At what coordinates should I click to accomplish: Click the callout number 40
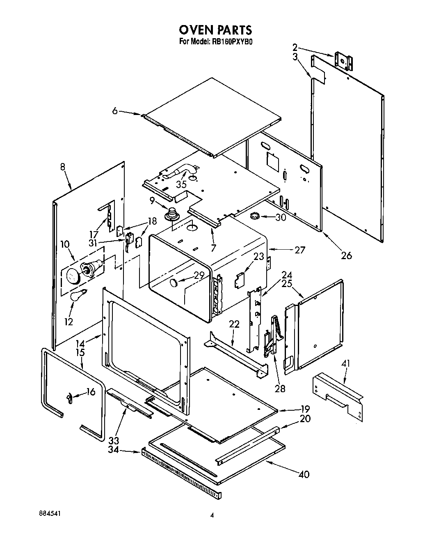point(304,474)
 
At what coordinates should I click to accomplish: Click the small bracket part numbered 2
point(344,61)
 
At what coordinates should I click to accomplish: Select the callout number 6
point(115,110)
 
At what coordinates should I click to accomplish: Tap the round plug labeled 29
point(174,282)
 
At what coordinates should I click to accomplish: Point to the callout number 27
point(300,249)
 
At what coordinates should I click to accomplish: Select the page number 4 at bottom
point(212,515)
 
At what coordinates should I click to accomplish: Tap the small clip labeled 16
point(70,397)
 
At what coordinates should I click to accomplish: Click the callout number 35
point(181,184)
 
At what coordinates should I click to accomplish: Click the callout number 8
point(62,167)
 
